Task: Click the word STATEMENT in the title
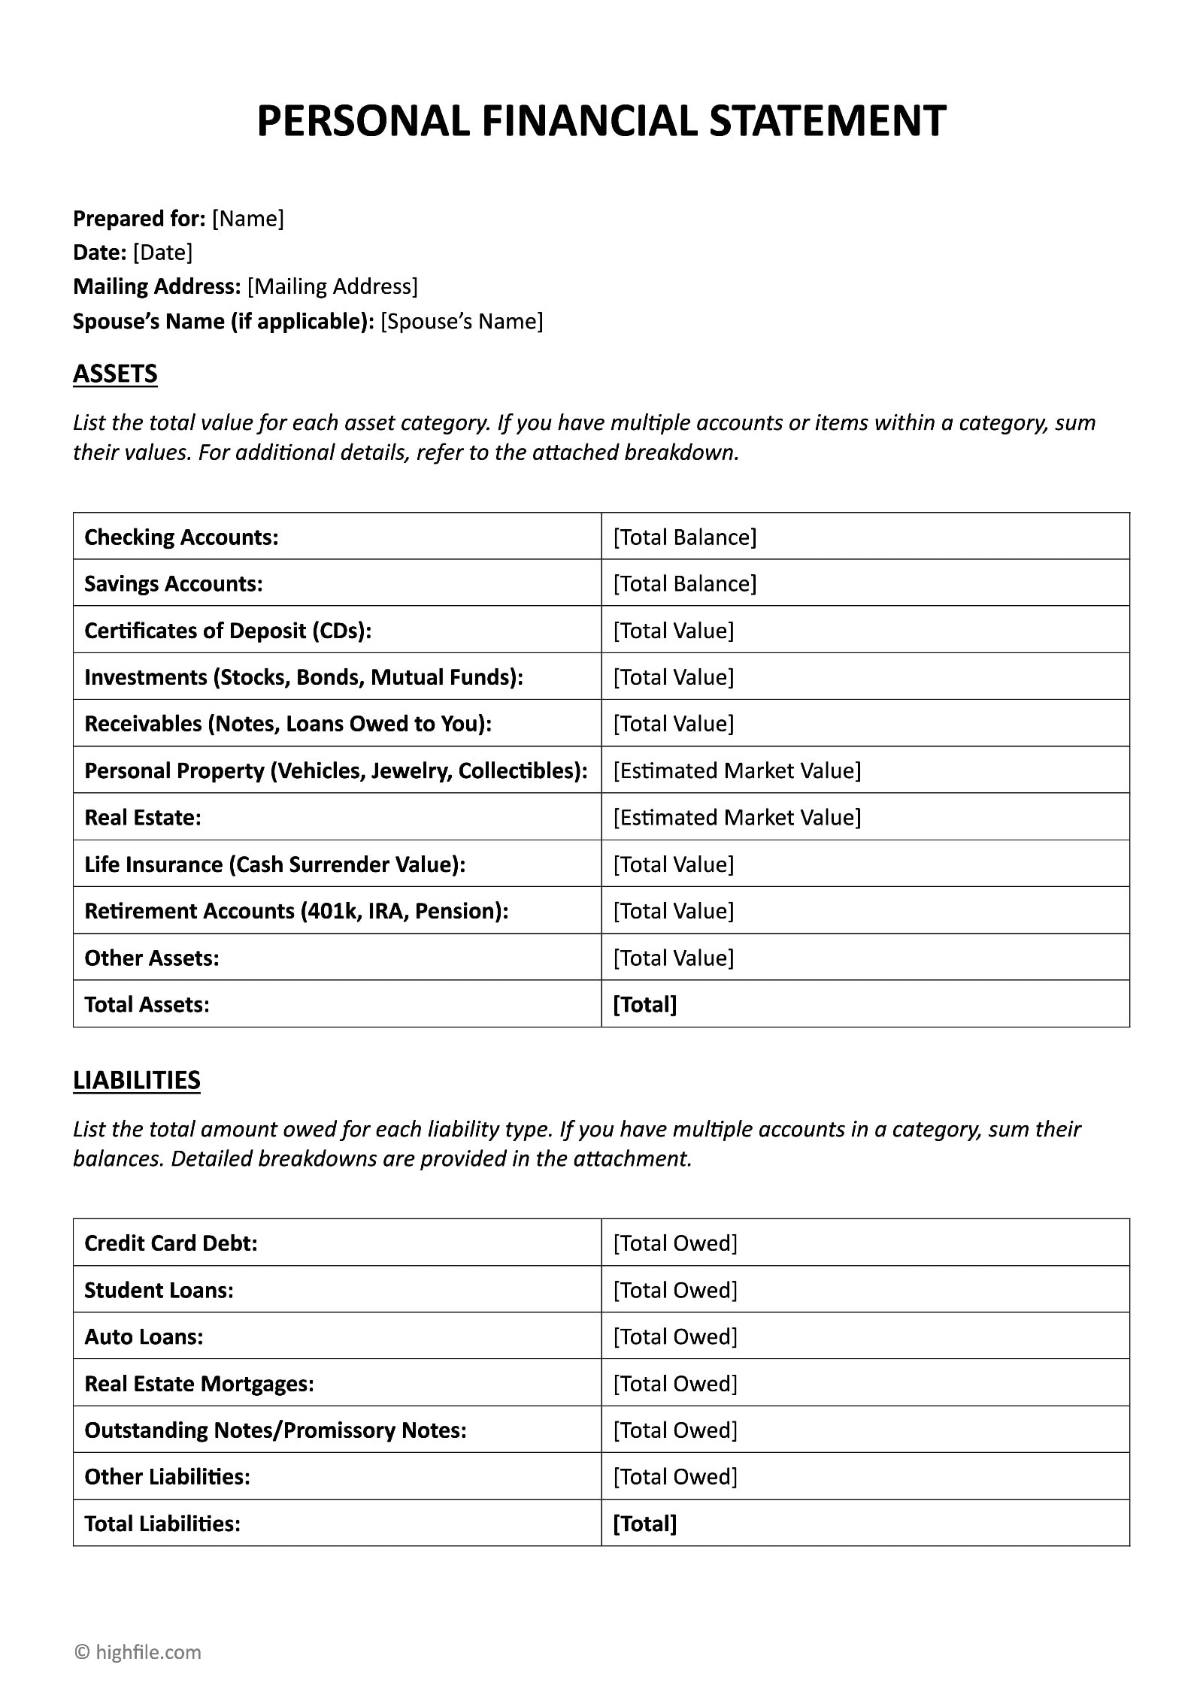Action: [826, 121]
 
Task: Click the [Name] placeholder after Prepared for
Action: [248, 219]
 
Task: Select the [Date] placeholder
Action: [162, 253]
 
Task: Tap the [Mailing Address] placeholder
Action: [332, 286]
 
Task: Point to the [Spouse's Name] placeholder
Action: [462, 322]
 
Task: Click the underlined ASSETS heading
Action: [115, 374]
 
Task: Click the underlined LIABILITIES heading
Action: [137, 1080]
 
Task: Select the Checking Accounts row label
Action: [181, 537]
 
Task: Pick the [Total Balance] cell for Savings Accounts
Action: [684, 584]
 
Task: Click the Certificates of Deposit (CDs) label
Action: [228, 631]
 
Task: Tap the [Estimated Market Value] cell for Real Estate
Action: [737, 818]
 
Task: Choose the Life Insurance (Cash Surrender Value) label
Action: [274, 864]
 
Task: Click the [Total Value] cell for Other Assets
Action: [673, 958]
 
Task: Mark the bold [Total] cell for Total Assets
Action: [645, 1005]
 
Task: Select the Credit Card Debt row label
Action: [171, 1243]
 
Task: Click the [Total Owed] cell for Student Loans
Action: [675, 1291]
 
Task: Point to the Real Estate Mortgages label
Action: [199, 1384]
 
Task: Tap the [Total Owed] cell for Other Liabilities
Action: [675, 1477]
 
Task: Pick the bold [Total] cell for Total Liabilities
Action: [645, 1524]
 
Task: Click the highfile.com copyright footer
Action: [138, 1652]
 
